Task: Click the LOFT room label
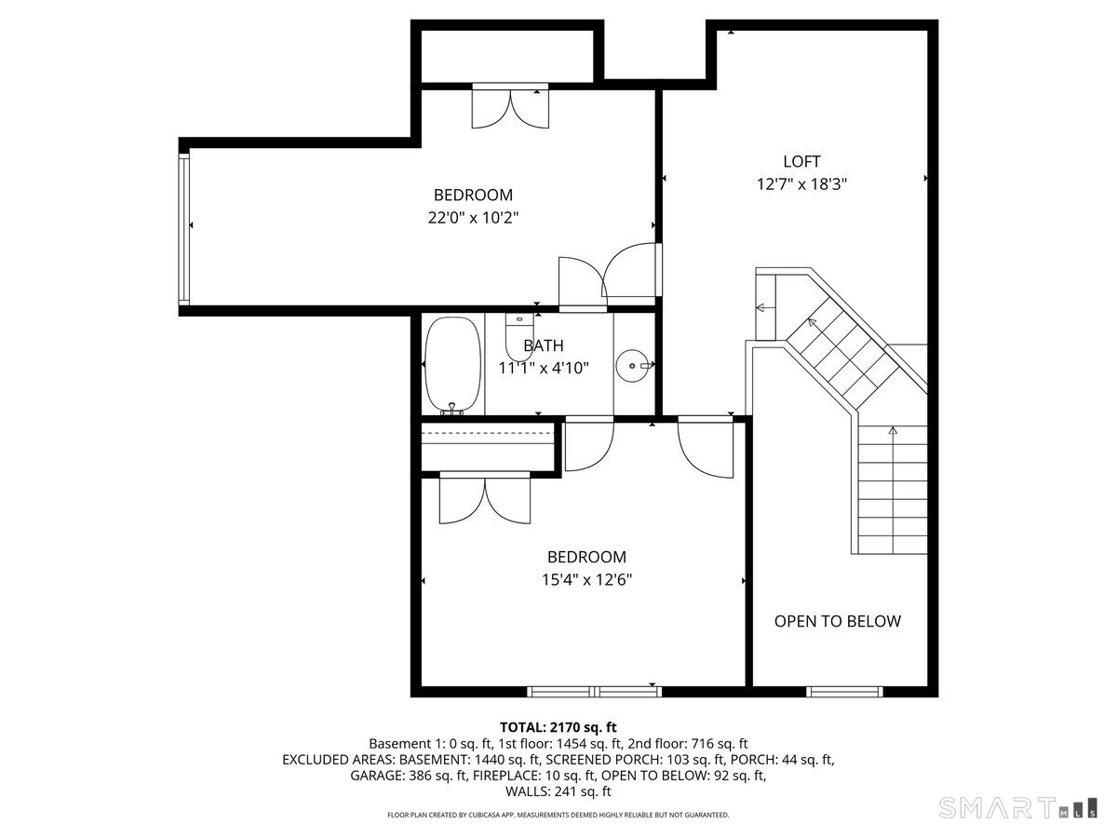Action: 801,161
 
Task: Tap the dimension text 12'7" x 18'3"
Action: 801,184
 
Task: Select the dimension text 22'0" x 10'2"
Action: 473,218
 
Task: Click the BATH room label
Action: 543,345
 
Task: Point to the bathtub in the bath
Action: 452,365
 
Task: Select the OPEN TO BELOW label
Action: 838,621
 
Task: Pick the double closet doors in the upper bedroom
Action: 510,106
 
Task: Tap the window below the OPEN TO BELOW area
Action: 844,692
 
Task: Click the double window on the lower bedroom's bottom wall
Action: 595,692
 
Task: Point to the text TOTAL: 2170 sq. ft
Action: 558,726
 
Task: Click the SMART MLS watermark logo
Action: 1016,807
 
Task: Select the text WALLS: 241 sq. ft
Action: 558,791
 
